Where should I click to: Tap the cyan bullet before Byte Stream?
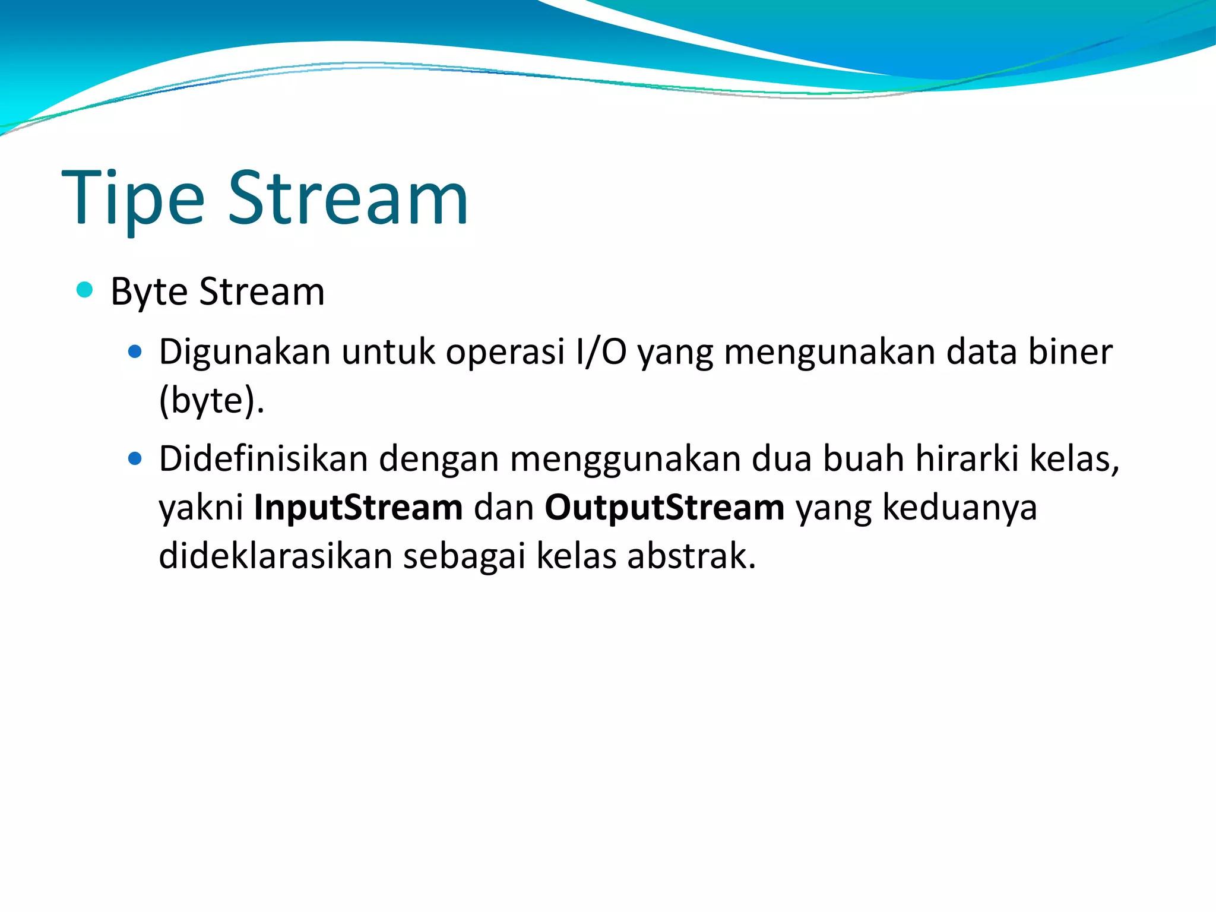tap(85, 290)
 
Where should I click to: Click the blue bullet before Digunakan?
tap(135, 351)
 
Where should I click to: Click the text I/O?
tap(601, 352)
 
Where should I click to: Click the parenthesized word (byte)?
tap(211, 401)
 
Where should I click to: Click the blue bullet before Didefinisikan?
tap(135, 459)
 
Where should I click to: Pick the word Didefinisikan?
tap(263, 459)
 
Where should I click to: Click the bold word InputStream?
tap(358, 508)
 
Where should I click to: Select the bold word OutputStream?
tap(664, 508)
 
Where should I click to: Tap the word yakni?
tap(201, 508)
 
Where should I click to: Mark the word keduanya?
tap(959, 508)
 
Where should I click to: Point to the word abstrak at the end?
tap(691, 556)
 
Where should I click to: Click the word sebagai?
tap(464, 556)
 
